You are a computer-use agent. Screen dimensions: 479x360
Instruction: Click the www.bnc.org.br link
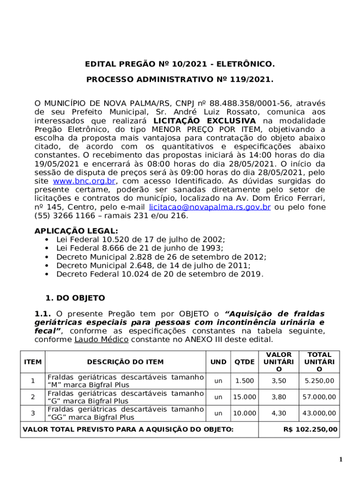[84, 181]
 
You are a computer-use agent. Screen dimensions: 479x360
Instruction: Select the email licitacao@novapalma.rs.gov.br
[209, 207]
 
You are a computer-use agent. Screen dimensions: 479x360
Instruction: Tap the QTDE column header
[245, 362]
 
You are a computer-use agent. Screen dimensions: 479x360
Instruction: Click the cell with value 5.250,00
[319, 381]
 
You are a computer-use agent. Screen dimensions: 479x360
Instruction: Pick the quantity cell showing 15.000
[245, 397]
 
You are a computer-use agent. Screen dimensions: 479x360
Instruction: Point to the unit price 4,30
[279, 413]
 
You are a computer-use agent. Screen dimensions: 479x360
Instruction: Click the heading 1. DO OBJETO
[75, 298]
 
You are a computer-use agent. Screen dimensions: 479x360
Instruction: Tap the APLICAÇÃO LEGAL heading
[76, 231]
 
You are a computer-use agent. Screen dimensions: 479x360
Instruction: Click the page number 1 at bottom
[341, 460]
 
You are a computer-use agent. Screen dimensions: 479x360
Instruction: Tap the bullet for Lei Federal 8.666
[47, 248]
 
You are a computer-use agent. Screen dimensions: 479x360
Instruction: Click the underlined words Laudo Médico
[101, 339]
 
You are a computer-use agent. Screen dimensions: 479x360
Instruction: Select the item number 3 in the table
[33, 413]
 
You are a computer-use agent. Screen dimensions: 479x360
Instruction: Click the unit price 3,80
[279, 397]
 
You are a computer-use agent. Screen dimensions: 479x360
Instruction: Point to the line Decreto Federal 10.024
[159, 274]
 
